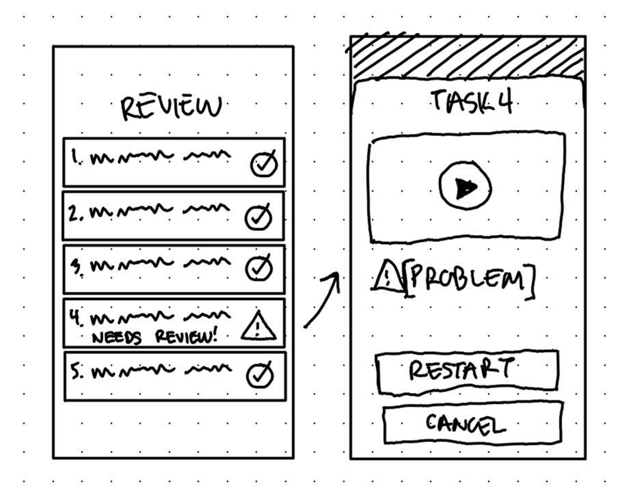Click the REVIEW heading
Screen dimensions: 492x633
click(x=172, y=108)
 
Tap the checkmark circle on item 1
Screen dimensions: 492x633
click(x=263, y=164)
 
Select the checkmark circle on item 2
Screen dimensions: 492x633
click(x=258, y=217)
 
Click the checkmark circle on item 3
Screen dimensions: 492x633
click(x=259, y=268)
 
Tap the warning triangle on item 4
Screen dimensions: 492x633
click(x=258, y=326)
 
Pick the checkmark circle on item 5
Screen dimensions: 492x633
click(x=260, y=374)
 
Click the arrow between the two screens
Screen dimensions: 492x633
click(x=322, y=301)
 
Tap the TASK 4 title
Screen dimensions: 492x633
click(x=472, y=102)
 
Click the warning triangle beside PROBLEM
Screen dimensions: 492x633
click(x=388, y=278)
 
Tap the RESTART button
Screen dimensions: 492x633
click(x=468, y=371)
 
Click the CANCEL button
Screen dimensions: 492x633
click(x=472, y=424)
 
